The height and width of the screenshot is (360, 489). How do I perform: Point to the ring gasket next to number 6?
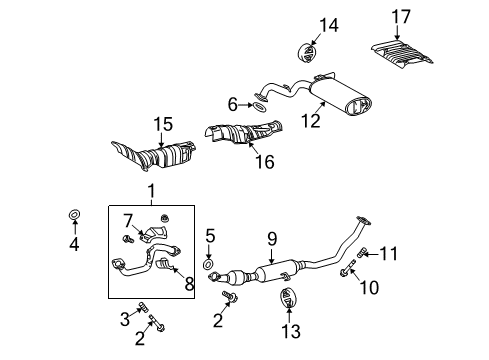pyautogui.click(x=259, y=103)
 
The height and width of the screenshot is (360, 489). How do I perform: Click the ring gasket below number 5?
pyautogui.click(x=209, y=266)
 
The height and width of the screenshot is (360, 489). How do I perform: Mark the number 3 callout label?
pyautogui.click(x=124, y=319)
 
